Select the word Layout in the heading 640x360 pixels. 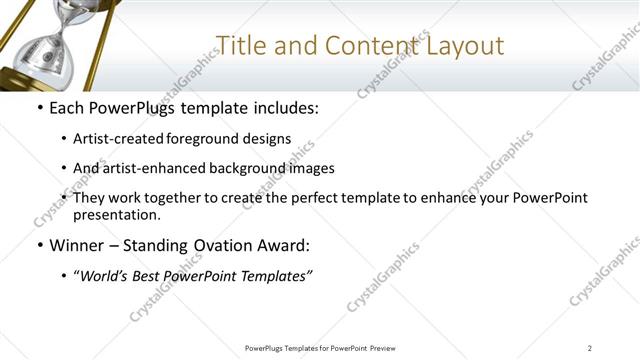(467, 46)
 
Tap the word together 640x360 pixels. (191, 198)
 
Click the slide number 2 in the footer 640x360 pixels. (590, 347)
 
